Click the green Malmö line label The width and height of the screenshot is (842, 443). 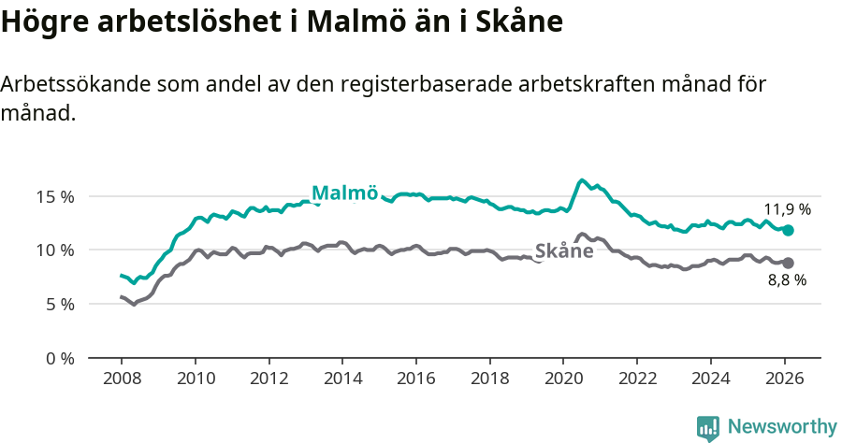[344, 193]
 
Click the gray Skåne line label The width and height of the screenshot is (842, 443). [564, 250]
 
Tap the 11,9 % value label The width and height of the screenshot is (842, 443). [787, 209]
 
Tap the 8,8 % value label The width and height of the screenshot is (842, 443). [787, 279]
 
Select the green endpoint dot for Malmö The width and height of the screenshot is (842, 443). [788, 230]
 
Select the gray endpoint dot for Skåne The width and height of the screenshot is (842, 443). [788, 264]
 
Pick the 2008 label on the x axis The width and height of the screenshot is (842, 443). [122, 380]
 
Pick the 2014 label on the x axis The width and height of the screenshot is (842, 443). [342, 380]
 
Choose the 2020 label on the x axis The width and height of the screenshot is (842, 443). [563, 380]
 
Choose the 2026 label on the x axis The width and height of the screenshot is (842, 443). [784, 380]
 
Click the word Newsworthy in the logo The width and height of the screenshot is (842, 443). [781, 427]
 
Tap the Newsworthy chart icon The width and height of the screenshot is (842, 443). [708, 428]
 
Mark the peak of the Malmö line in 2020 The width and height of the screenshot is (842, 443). [581, 180]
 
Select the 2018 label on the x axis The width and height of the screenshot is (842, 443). [489, 380]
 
